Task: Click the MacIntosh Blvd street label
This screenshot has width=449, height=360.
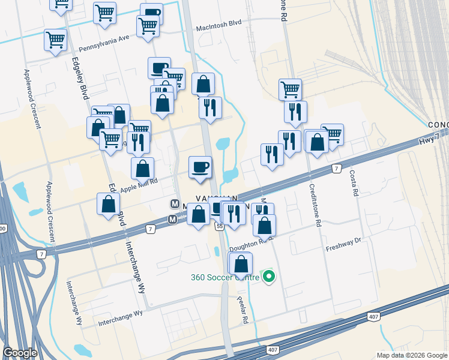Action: pyautogui.click(x=218, y=29)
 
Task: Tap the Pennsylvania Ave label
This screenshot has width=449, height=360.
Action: pyautogui.click(x=104, y=42)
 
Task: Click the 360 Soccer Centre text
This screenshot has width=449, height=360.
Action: pyautogui.click(x=225, y=277)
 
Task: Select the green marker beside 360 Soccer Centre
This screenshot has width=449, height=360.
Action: pyautogui.click(x=269, y=277)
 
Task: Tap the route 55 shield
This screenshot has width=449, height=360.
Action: pyautogui.click(x=220, y=226)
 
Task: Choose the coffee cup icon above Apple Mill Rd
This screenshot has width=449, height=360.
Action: pyautogui.click(x=200, y=166)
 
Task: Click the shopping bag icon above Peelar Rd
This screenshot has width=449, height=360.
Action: pyautogui.click(x=241, y=263)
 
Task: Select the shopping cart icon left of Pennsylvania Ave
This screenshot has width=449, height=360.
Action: pyautogui.click(x=55, y=40)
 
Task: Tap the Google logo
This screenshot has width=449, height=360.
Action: pyautogui.click(x=20, y=353)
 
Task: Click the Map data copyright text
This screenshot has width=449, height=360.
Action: pyautogui.click(x=411, y=355)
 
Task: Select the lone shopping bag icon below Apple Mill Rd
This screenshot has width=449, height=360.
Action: pyautogui.click(x=107, y=204)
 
